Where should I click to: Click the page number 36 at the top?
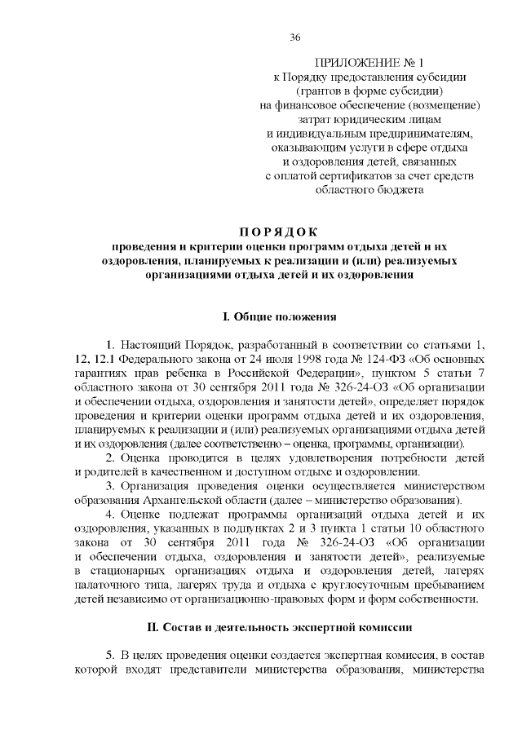click(296, 37)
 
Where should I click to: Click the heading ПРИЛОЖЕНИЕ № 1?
click(369, 62)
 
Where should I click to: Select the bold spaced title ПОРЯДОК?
click(261, 231)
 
